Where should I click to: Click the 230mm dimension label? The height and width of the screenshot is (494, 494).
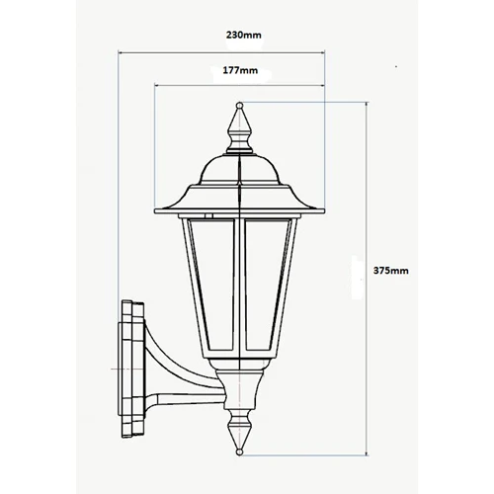[243, 35]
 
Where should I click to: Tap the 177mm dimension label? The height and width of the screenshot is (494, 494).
[240, 70]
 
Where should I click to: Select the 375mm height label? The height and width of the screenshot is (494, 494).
[390, 271]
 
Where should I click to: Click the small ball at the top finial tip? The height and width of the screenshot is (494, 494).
[240, 106]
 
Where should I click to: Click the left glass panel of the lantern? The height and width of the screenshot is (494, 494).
[213, 284]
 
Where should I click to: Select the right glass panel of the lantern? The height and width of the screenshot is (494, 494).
[267, 284]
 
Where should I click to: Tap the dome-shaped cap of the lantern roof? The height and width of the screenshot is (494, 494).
[240, 170]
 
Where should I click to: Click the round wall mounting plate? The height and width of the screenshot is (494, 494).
[132, 370]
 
